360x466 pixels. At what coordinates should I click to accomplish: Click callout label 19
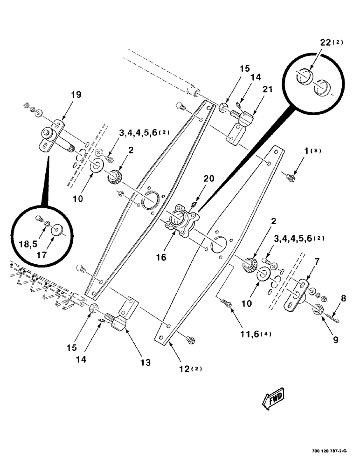pyautogui.click(x=76, y=95)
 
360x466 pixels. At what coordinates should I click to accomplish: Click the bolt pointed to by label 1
pyautogui.click(x=290, y=177)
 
